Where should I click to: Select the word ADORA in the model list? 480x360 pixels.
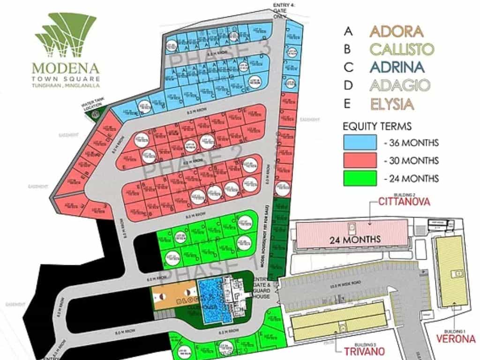point(396,31)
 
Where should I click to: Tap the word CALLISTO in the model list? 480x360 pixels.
point(401,49)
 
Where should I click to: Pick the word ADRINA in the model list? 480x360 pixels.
point(397,67)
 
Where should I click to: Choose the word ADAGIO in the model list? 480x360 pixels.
point(399,85)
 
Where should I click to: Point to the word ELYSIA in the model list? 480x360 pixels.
point(392,104)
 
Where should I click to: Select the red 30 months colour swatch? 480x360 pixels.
point(360,160)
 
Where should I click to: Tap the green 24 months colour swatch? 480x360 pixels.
point(360,178)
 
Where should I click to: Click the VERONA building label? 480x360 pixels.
point(456,338)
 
